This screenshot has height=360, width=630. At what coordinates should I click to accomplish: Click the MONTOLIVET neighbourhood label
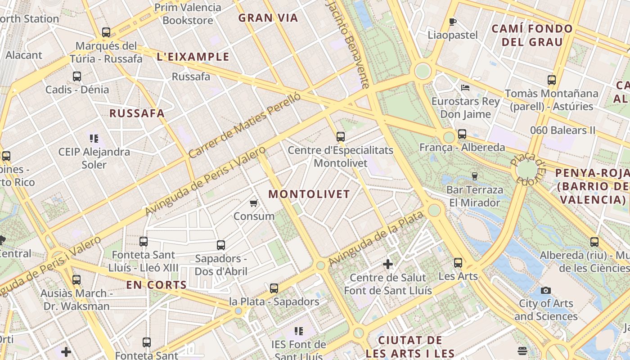pyautogui.click(x=309, y=194)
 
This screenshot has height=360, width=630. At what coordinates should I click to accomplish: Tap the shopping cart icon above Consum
pyautogui.click(x=254, y=203)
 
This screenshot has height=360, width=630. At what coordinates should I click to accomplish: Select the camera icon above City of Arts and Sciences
pyautogui.click(x=546, y=290)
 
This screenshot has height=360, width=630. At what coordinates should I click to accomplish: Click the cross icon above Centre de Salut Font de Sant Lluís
pyautogui.click(x=388, y=264)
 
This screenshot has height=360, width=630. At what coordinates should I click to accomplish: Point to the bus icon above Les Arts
pyautogui.click(x=458, y=263)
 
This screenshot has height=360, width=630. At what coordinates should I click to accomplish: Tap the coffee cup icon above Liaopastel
pyautogui.click(x=453, y=22)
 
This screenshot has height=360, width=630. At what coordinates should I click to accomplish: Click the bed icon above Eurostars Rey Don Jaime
pyautogui.click(x=465, y=87)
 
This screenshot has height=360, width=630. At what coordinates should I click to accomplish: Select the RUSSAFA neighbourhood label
pyautogui.click(x=137, y=113)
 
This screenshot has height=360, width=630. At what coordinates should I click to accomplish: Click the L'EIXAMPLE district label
pyautogui.click(x=193, y=57)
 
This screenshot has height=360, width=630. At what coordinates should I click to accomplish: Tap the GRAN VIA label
pyautogui.click(x=268, y=18)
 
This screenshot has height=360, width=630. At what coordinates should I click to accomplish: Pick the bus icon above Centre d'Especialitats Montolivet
pyautogui.click(x=341, y=137)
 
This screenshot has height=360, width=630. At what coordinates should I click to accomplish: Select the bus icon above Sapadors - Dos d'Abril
pyautogui.click(x=221, y=245)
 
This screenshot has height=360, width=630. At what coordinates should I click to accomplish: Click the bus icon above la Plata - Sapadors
pyautogui.click(x=274, y=288)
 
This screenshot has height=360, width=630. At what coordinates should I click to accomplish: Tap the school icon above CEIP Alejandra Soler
pyautogui.click(x=94, y=139)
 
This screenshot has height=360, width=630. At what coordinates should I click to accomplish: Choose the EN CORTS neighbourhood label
pyautogui.click(x=156, y=285)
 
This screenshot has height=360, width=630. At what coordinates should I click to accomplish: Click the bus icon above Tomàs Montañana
pyautogui.click(x=552, y=80)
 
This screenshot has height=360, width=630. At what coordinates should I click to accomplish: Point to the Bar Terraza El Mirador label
pyautogui.click(x=475, y=196)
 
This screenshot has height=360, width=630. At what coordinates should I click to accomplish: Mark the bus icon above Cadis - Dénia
pyautogui.click(x=77, y=76)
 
